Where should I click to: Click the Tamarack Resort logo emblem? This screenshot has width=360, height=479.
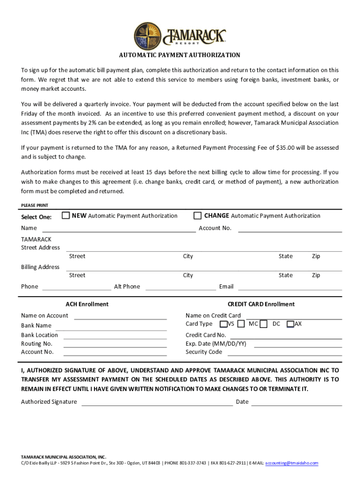point(149,36)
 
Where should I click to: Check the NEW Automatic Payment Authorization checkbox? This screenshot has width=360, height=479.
point(66,215)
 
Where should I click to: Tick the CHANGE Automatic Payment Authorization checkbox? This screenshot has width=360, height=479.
point(198,215)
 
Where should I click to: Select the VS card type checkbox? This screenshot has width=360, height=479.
point(224,324)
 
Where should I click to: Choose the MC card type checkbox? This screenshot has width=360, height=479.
point(241,324)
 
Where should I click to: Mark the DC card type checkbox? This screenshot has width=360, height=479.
point(264,324)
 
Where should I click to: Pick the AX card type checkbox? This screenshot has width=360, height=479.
point(290,324)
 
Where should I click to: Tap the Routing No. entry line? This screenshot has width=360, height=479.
point(115,346)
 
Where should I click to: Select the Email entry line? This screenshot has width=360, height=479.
point(290,289)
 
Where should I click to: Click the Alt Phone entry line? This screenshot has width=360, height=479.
point(180,289)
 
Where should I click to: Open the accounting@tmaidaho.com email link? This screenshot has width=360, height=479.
point(291,463)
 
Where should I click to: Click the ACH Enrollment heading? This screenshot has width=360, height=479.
point(87,304)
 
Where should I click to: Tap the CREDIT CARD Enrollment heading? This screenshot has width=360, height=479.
point(261,304)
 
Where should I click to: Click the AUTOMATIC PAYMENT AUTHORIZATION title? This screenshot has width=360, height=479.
point(180,55)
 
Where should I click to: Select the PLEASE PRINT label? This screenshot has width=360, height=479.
point(35,205)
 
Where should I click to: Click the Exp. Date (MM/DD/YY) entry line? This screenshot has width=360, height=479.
point(297,346)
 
